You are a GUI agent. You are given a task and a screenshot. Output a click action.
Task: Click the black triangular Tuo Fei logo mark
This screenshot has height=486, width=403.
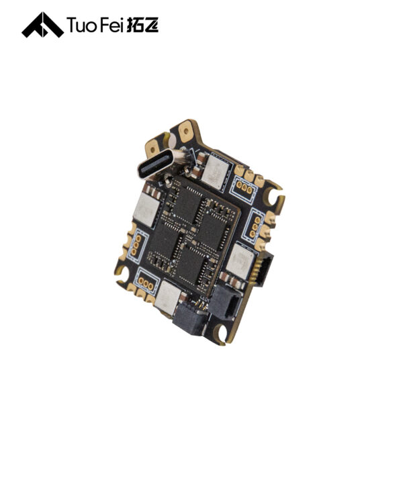click(42, 25)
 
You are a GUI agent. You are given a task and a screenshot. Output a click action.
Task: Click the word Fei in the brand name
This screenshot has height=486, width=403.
click(111, 25)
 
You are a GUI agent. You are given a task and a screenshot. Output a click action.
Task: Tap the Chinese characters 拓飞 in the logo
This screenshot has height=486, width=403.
click(142, 25)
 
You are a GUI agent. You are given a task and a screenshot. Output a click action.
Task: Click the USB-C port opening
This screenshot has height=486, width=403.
click(154, 164)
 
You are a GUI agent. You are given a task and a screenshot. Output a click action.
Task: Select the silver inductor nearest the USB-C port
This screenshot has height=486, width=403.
click(216, 171)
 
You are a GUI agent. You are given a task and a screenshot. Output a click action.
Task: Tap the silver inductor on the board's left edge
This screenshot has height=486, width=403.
click(146, 209)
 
